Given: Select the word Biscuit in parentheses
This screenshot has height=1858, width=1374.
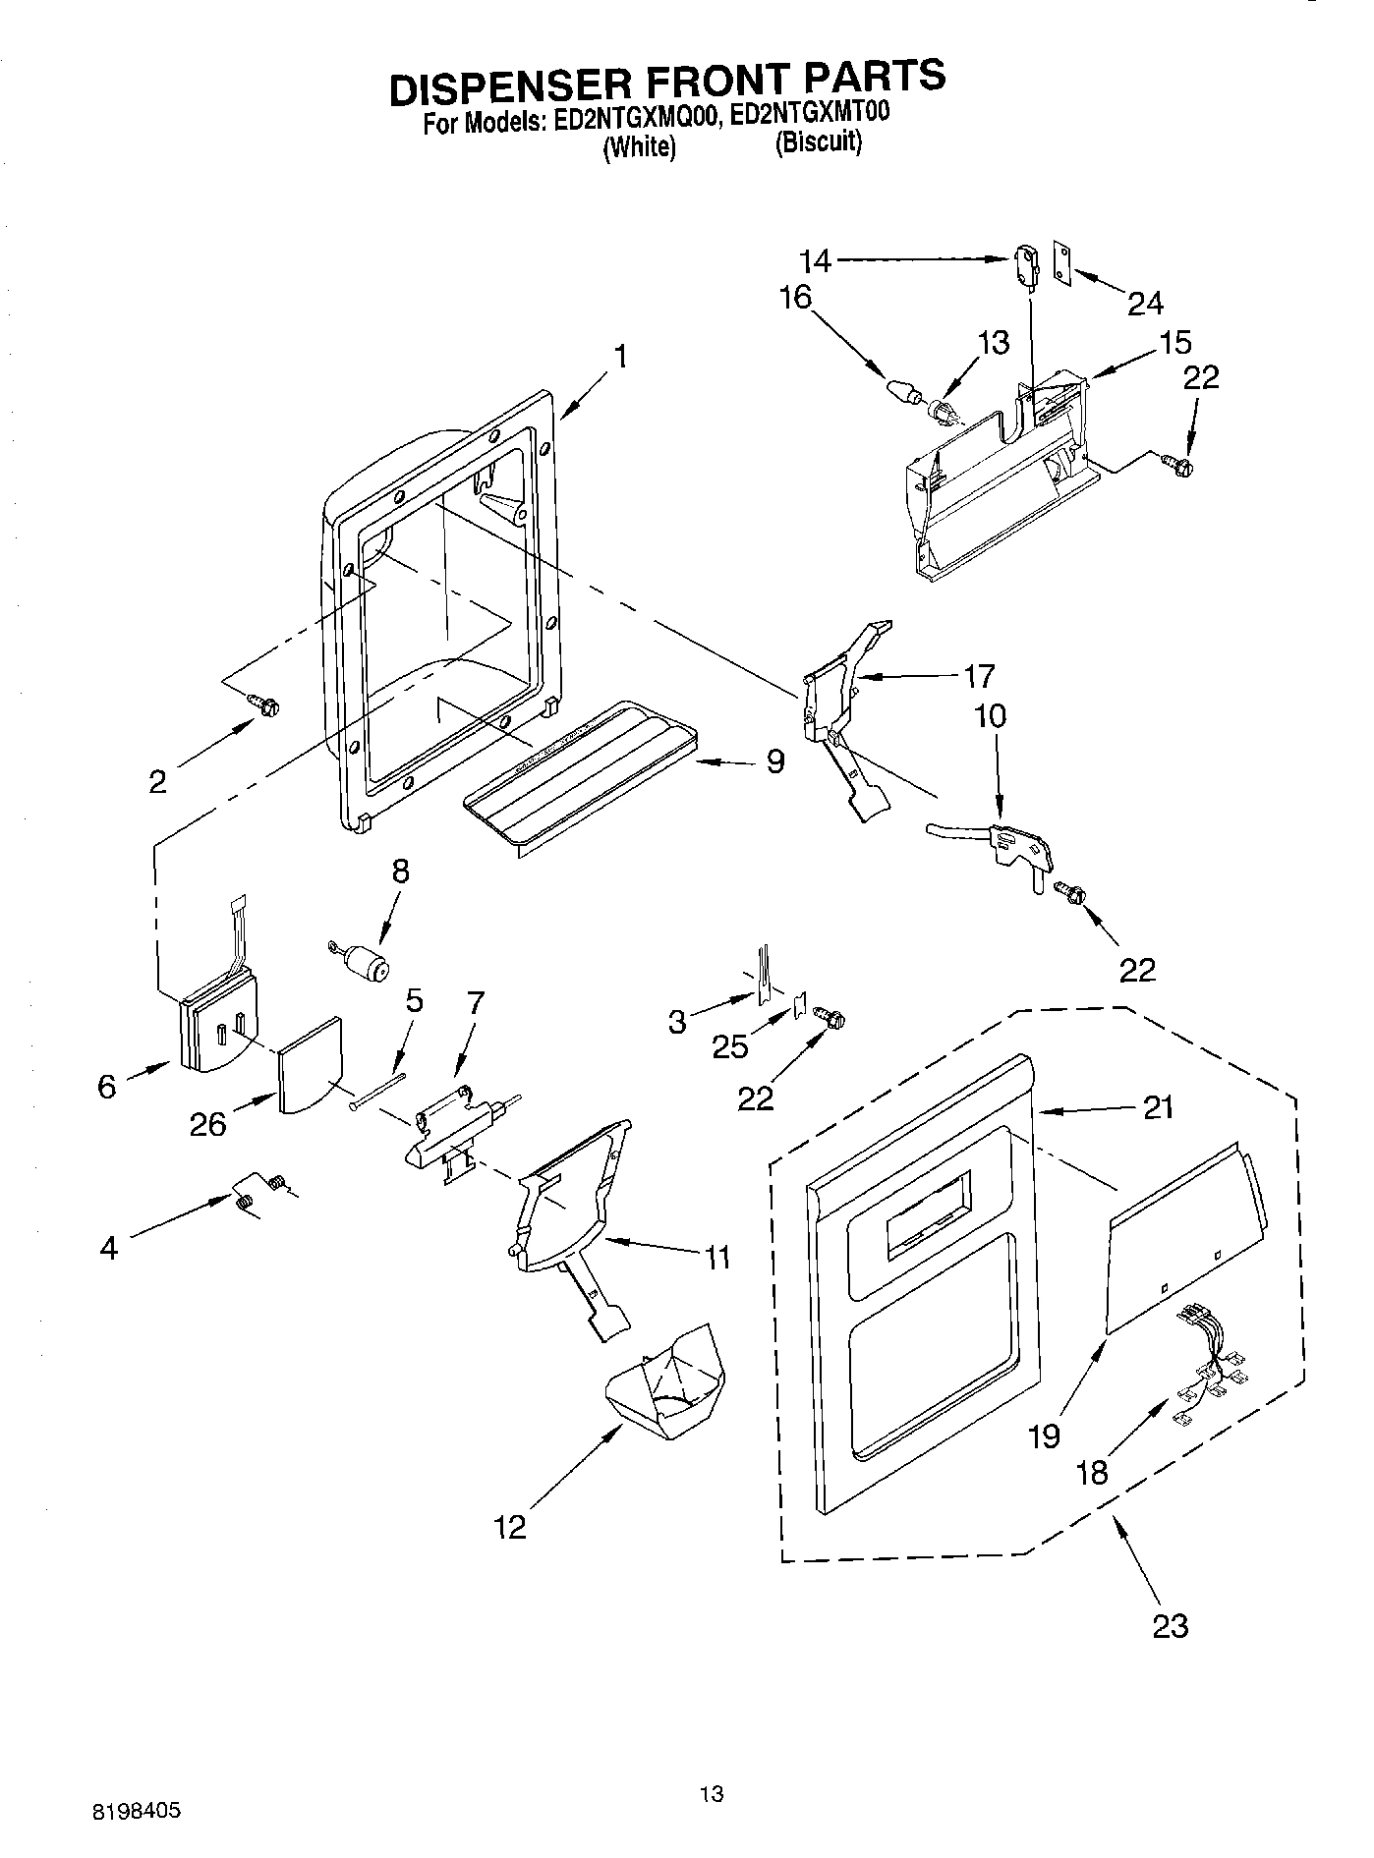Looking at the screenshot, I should (818, 143).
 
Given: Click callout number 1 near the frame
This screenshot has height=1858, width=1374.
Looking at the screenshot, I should (620, 357).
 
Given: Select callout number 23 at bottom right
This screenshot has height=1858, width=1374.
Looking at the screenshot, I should (1170, 1625).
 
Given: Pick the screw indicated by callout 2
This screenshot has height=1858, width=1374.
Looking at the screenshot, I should (265, 704).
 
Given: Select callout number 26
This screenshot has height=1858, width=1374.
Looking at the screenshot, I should (209, 1124).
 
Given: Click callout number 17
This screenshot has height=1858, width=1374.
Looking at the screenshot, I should (979, 676).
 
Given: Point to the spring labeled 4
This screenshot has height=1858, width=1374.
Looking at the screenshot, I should (245, 1198).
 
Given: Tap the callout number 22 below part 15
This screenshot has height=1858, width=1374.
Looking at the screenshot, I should (1201, 377).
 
